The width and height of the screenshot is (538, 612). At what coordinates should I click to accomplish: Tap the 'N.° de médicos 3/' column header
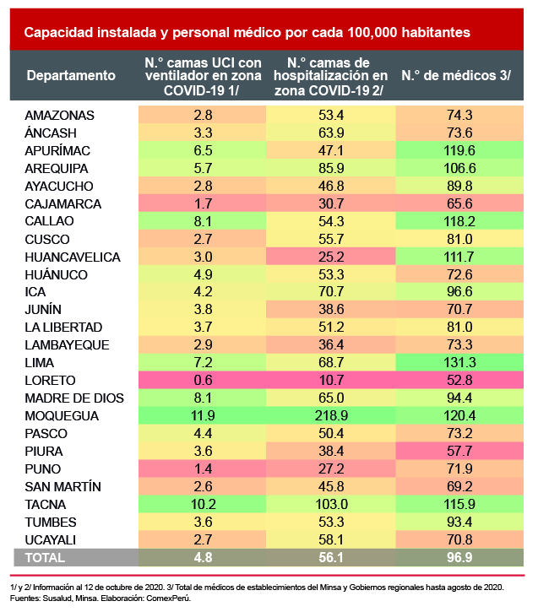(x=455, y=76)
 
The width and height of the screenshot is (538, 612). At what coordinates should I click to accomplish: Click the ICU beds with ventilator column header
(x=203, y=76)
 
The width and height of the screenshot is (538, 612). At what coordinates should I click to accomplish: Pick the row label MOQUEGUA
(x=62, y=416)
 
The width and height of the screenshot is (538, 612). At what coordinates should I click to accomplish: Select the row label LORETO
(x=50, y=381)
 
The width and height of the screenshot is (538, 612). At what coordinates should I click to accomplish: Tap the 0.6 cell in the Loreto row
(x=203, y=381)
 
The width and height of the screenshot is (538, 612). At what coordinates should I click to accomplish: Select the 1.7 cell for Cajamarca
(x=203, y=204)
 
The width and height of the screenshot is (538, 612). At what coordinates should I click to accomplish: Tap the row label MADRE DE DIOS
(x=73, y=398)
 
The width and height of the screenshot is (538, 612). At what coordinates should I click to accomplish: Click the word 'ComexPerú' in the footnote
(x=166, y=597)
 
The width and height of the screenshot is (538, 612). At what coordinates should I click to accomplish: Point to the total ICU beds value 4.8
(x=203, y=557)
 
